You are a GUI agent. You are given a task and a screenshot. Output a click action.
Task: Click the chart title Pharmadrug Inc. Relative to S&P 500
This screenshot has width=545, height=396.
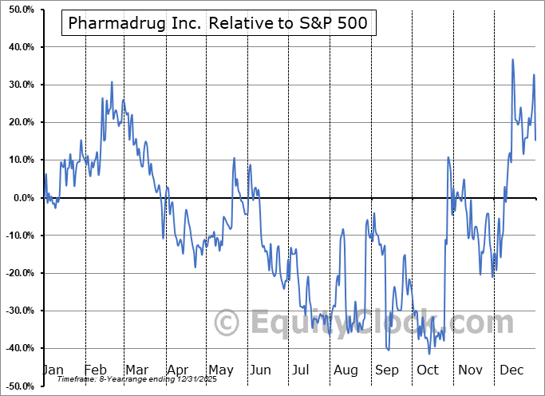(219, 23)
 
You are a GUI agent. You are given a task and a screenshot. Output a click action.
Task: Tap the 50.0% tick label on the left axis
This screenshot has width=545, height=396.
(20, 10)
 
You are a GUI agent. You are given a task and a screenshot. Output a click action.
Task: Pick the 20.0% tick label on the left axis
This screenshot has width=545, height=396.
(20, 122)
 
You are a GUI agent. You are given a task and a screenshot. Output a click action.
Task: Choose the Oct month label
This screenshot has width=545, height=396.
(428, 370)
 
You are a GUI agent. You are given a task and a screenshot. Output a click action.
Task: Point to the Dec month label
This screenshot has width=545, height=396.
(512, 370)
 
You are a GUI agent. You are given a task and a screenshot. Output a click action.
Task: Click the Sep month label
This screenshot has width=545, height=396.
(387, 370)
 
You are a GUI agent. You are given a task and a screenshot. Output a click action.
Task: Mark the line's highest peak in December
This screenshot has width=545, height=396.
(512, 60)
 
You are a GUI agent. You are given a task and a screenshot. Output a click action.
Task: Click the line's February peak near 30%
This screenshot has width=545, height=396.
(112, 82)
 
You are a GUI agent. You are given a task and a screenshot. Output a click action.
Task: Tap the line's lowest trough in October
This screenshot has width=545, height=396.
(429, 354)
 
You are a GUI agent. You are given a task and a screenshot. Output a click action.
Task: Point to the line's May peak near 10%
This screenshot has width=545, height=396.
(235, 158)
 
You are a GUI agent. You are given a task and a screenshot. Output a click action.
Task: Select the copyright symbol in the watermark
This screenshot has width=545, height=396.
(228, 323)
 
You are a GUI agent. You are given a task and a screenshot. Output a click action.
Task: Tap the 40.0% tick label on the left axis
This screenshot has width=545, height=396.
(20, 47)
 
